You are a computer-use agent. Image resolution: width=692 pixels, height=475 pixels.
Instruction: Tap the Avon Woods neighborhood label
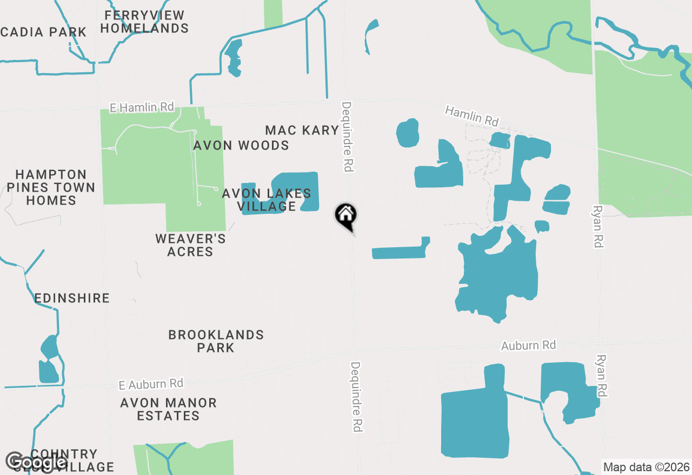241,145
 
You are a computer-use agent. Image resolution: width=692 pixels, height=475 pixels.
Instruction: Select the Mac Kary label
302,130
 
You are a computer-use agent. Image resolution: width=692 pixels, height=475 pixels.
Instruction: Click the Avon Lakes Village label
267,200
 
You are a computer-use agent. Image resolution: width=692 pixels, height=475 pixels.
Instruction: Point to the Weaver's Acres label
190,245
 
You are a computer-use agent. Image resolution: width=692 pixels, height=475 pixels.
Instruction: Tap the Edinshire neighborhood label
72,298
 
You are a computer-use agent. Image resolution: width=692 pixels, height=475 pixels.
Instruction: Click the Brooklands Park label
216,341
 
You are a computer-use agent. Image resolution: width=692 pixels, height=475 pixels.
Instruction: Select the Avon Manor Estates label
169,409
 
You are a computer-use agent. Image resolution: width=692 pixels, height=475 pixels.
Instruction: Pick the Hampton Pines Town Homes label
51,187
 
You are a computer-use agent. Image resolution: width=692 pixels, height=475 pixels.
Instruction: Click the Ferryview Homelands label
144,22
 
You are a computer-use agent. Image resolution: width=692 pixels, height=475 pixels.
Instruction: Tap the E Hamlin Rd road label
142,107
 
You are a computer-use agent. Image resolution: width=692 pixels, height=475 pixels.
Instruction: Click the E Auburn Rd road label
151,384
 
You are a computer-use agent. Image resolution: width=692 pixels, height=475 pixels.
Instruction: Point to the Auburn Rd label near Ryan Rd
528,345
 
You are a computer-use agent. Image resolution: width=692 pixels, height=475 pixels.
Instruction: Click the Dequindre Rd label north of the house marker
347,137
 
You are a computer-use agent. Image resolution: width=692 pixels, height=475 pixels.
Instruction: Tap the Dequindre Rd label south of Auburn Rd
356,396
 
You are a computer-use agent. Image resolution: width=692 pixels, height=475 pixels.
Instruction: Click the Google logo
37,462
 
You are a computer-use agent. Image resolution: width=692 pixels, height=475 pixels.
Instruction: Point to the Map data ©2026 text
646,467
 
